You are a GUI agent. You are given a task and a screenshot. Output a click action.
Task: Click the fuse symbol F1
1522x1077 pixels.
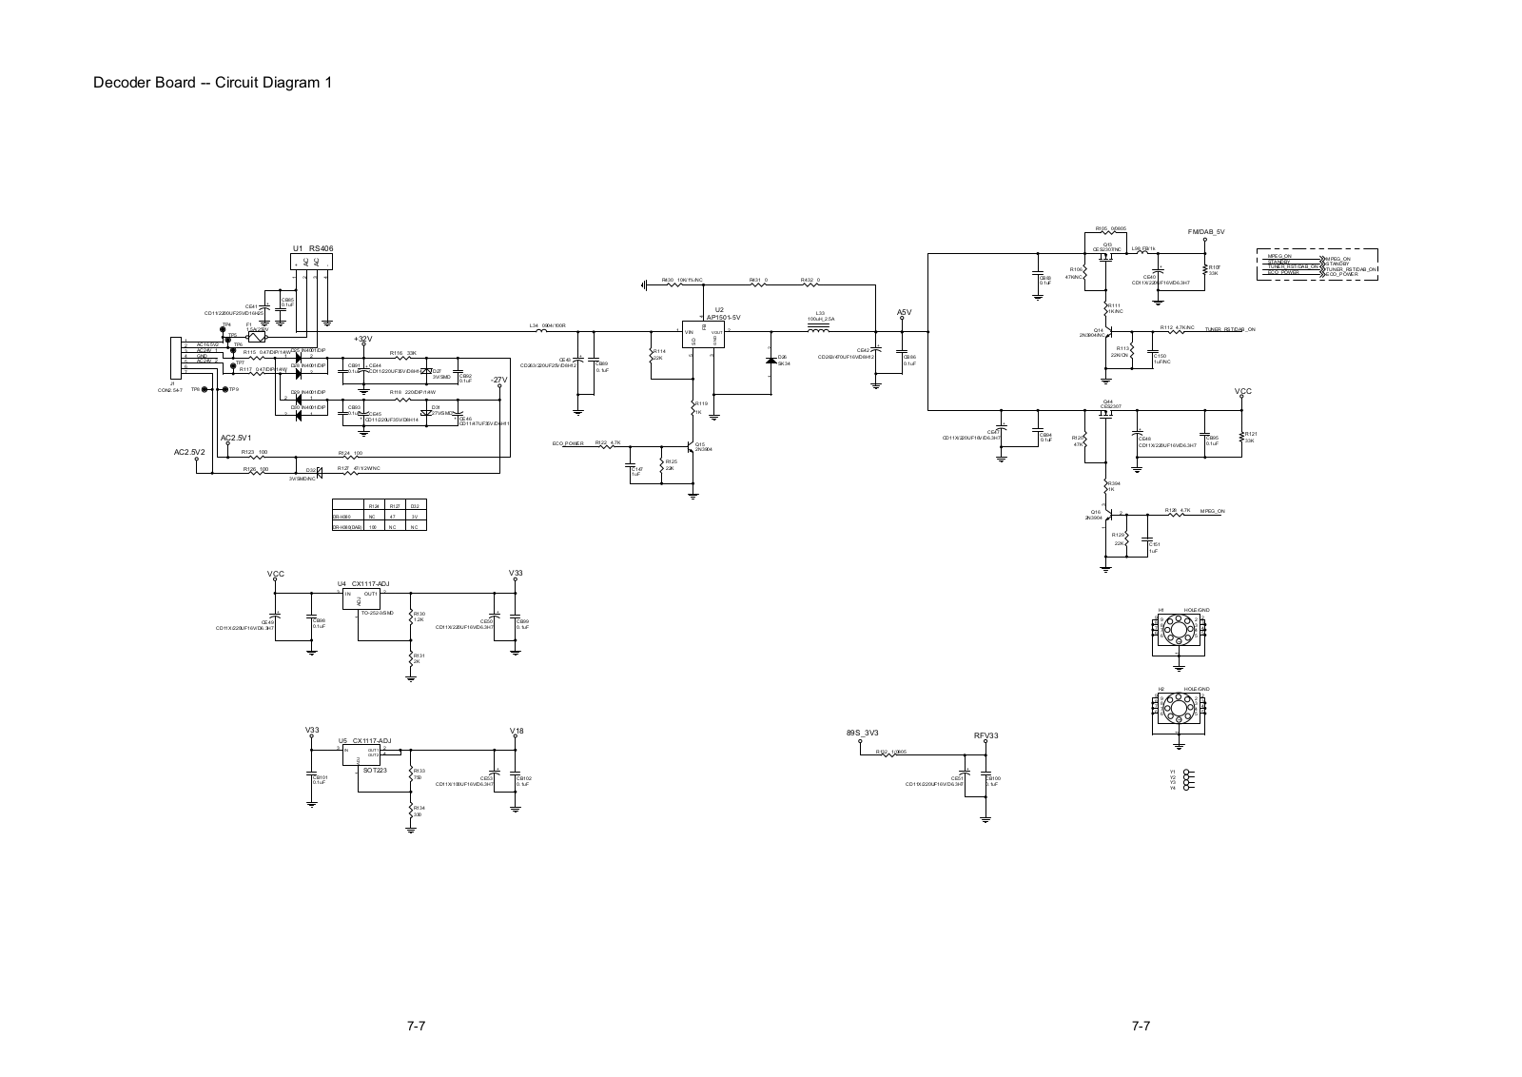coord(256,336)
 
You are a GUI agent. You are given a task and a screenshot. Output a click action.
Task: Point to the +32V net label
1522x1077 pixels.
coord(362,340)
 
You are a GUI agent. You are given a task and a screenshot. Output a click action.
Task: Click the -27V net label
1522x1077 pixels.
coord(499,380)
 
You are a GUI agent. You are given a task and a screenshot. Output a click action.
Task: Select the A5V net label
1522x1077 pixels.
coord(904,312)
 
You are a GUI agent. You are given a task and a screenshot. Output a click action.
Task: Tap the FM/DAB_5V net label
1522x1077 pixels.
coord(1206,232)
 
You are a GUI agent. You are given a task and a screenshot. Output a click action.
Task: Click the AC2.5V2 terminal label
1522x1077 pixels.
coord(190,453)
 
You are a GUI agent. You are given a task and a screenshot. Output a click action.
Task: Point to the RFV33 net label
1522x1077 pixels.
coord(986,736)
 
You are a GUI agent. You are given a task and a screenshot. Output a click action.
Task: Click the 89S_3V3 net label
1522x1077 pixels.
coord(862,733)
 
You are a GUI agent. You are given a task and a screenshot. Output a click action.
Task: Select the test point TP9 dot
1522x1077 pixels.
coord(223,389)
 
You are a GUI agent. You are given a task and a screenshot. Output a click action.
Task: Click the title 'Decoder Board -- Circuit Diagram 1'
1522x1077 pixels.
coord(212,82)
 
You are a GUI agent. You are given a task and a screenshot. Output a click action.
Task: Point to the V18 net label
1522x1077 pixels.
coord(517,731)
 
